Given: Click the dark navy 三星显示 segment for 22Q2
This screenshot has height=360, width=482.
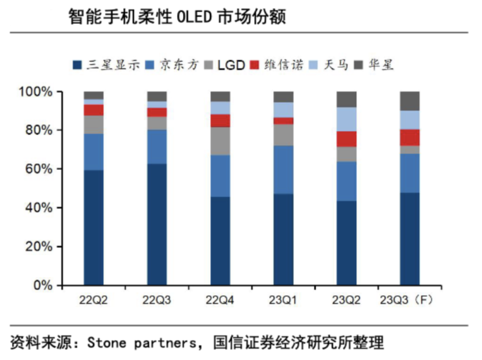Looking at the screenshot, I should (93, 228).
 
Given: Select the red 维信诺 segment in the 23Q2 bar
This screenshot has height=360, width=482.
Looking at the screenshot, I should (346, 139).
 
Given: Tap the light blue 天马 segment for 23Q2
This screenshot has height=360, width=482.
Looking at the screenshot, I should (346, 119).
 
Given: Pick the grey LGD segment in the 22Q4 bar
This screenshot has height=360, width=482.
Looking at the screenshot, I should (220, 141).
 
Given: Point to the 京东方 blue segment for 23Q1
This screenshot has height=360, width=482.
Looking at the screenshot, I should (283, 169).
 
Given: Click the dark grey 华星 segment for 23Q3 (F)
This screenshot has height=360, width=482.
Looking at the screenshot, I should (409, 101).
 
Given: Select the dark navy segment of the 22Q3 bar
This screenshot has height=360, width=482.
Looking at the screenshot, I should (157, 224).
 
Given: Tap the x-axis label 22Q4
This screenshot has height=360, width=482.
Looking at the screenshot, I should (220, 301).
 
